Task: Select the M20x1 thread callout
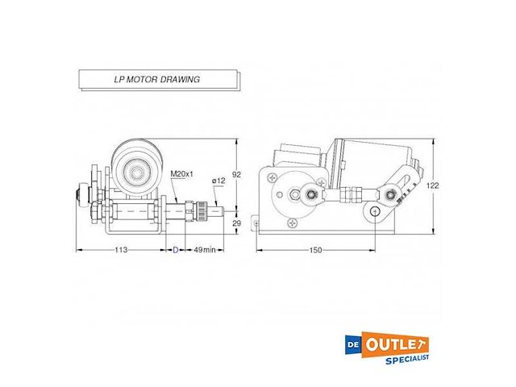pyautogui.click(x=181, y=173)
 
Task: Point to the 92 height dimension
pyautogui.click(x=236, y=173)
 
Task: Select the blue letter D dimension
pyautogui.click(x=176, y=250)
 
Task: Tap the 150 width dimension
pyautogui.click(x=315, y=250)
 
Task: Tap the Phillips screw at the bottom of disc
pyautogui.click(x=291, y=217)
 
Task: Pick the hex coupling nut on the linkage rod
pyautogui.click(x=348, y=194)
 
